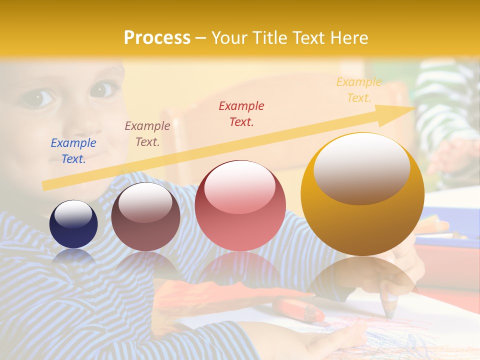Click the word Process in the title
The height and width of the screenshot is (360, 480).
[x=157, y=37]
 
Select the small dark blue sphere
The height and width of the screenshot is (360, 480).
[x=73, y=224]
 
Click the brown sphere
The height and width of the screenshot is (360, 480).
[x=145, y=216]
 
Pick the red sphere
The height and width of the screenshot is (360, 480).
[x=240, y=205]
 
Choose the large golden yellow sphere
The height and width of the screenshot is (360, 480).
[x=362, y=194]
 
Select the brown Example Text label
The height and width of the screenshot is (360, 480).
[x=147, y=134]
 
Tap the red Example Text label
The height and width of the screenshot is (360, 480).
[x=241, y=113]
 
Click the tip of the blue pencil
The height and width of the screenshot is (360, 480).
[x=389, y=313]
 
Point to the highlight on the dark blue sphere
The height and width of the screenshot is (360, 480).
[x=73, y=213]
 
